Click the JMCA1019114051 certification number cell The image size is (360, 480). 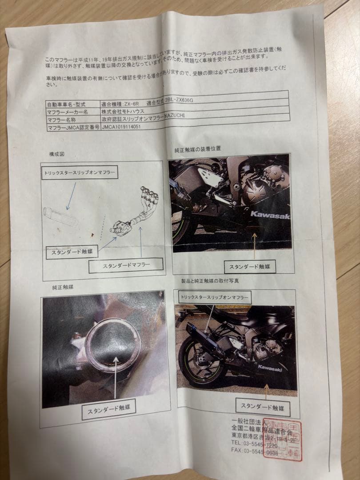tap(126, 126)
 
